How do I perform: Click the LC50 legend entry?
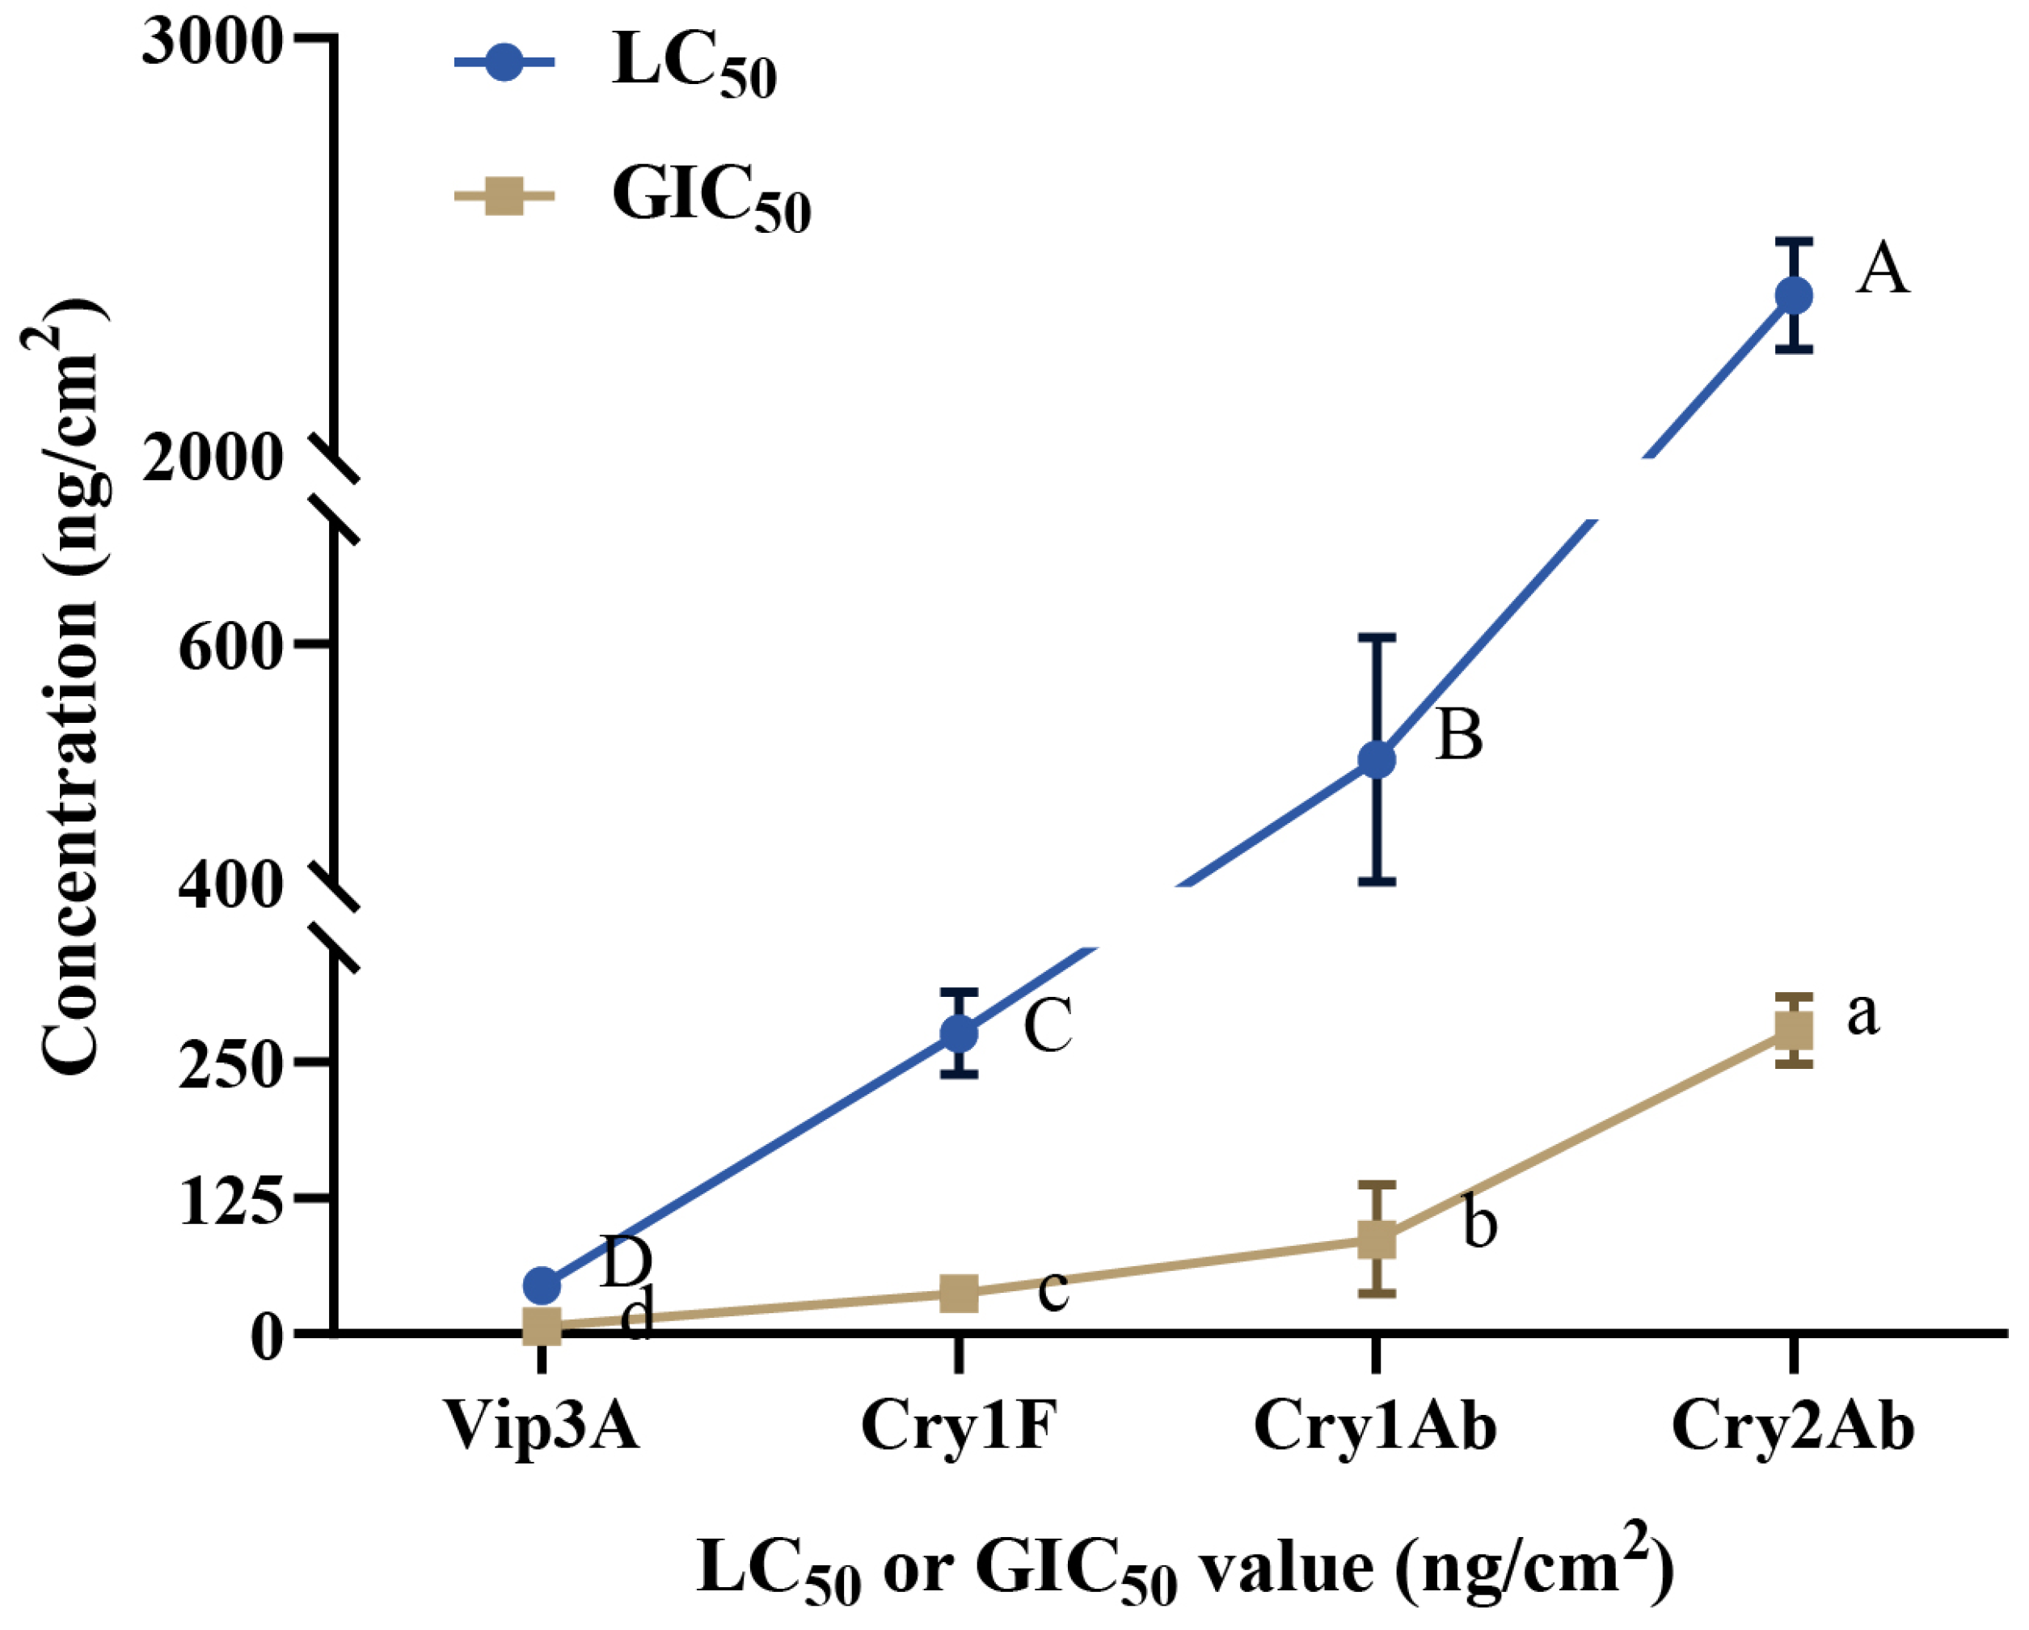coord(694,65)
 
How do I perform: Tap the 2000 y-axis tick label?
coord(212,459)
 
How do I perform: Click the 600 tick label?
coord(230,648)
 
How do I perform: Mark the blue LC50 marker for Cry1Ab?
coord(1377,759)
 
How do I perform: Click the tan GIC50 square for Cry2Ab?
coord(1794,1029)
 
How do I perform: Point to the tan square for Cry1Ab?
coord(1377,1239)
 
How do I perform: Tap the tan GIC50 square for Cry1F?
coord(959,1293)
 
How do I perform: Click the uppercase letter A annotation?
coord(1882,270)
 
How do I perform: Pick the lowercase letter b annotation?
coord(1479,1223)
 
